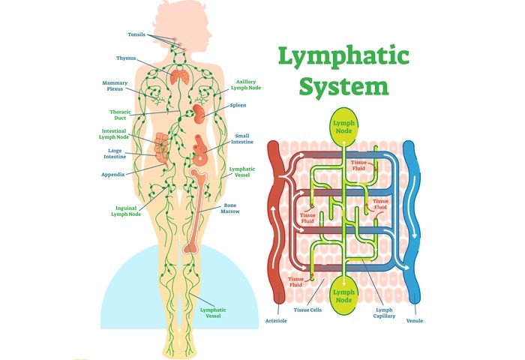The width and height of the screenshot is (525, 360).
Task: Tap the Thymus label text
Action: pyautogui.click(x=126, y=58)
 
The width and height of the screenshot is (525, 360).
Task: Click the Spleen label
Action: pyautogui.click(x=238, y=105)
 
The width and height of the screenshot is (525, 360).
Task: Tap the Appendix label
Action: pyautogui.click(x=112, y=174)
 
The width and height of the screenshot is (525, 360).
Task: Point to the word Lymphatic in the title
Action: pyautogui.click(x=345, y=56)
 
